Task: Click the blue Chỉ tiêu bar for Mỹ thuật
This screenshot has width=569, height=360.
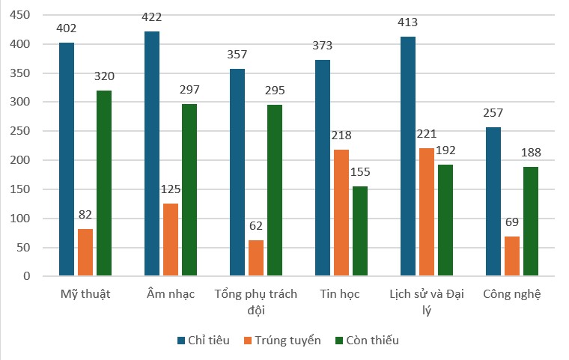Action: [67, 159]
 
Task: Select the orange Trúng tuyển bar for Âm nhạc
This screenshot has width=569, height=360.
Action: [171, 240]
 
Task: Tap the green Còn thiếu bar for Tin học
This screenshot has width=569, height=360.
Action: [360, 231]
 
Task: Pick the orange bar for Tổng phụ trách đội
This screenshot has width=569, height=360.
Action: [256, 258]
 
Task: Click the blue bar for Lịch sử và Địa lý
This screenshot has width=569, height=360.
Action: [408, 156]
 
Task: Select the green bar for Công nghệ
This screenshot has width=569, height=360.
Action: [531, 222]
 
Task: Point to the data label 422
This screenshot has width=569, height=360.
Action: [151, 17]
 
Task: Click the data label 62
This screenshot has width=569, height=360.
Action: [256, 226]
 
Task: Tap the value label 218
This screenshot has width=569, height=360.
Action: [341, 135]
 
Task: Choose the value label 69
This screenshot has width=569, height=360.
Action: [512, 222]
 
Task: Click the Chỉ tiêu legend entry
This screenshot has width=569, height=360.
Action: [204, 340]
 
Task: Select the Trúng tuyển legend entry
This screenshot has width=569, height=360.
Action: [282, 340]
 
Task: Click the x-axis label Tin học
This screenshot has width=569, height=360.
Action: [340, 293]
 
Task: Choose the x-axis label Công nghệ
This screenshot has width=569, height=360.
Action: [512, 293]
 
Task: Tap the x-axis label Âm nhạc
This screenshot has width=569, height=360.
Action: [171, 293]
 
